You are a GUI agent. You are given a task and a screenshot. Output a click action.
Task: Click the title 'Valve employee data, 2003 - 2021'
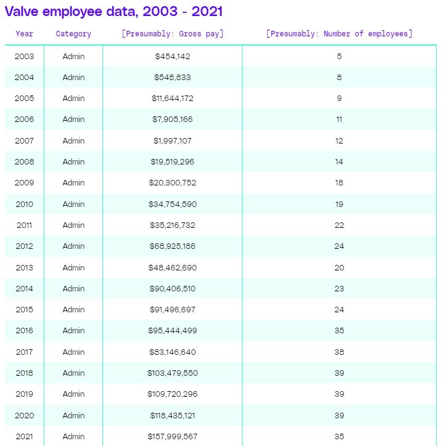pos(114,11)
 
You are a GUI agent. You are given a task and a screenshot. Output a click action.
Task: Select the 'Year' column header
pos(25,34)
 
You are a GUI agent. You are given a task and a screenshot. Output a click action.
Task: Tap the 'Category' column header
pos(73,34)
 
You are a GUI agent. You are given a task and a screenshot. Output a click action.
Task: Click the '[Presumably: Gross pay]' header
pos(172,34)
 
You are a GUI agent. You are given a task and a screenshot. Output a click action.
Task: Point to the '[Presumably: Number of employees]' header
pos(339,34)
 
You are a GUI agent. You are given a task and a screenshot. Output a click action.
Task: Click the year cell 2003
pos(25,57)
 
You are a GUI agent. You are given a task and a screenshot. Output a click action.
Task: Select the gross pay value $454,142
pos(172,57)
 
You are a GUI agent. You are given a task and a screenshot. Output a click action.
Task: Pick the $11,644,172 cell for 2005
pos(172,99)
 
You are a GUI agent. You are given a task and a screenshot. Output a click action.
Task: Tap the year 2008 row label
pos(25,162)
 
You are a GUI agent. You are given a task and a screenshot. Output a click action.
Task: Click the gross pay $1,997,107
pos(172,141)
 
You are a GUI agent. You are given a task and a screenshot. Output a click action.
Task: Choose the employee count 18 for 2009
pos(339,183)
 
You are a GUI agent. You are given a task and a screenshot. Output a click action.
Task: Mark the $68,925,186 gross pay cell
pos(172,246)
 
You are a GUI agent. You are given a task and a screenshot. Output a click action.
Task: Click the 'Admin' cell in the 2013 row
pos(73,267)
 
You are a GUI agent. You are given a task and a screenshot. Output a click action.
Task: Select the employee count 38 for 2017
pos(339,352)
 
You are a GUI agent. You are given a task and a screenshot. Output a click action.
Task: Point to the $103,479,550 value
pos(172,373)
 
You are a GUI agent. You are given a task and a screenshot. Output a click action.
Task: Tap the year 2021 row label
pos(25,437)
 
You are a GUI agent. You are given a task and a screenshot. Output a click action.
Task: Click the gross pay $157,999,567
pos(172,437)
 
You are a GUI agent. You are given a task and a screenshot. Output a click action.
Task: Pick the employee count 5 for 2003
pos(339,57)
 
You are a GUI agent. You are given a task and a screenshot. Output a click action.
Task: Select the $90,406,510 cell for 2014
pos(172,288)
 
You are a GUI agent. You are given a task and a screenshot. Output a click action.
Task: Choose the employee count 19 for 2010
pos(339,204)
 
